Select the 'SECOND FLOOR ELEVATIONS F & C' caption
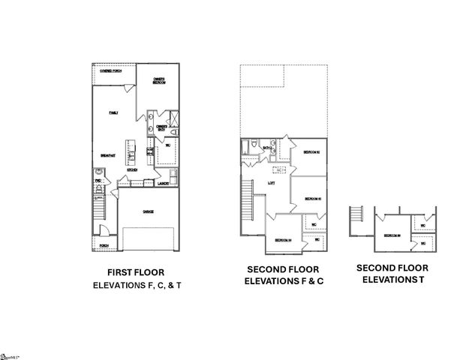coord(283,275)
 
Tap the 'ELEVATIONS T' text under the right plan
coord(392,279)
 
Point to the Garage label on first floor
coord(149,212)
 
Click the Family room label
coord(113,112)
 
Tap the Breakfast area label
coord(107,155)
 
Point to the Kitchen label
coord(131,169)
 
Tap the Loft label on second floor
coord(271,183)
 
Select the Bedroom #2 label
coord(312,152)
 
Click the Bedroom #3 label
coord(313,199)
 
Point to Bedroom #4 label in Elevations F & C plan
coord(283,240)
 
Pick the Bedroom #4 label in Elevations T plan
coord(392,235)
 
